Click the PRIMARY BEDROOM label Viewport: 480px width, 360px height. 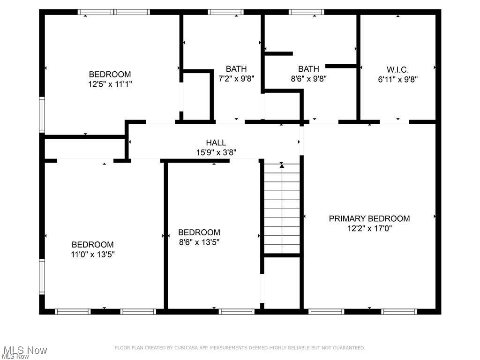(x=369, y=218)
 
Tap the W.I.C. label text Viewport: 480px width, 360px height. (x=397, y=69)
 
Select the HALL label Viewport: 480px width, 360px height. (x=216, y=142)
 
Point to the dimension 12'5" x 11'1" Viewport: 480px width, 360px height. (x=110, y=84)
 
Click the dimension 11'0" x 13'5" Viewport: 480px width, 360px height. (x=92, y=255)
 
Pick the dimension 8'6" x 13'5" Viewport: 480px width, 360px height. (x=199, y=242)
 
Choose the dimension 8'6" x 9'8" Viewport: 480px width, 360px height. (x=308, y=79)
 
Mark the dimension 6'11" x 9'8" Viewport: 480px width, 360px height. (x=397, y=79)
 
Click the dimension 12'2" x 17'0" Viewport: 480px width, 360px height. (x=369, y=229)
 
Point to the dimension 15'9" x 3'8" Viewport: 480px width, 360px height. (x=216, y=152)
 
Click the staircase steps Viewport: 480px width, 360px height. (x=282, y=211)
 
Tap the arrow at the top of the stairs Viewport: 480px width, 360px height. (x=282, y=165)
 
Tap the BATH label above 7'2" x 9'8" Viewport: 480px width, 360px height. (x=236, y=69)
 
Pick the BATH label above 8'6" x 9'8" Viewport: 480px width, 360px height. (x=308, y=69)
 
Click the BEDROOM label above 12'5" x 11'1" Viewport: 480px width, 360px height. (x=110, y=74)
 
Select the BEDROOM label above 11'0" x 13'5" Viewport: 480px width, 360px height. (x=92, y=245)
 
